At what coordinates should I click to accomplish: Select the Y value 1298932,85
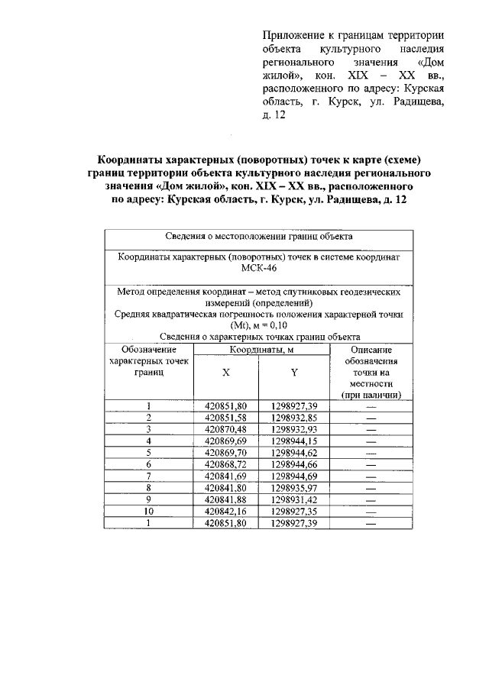click(x=293, y=418)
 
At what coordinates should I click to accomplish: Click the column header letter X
click(x=225, y=373)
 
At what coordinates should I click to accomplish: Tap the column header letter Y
click(x=293, y=373)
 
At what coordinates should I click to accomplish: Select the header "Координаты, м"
click(x=261, y=350)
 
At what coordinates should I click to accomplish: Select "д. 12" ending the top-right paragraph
click(x=274, y=116)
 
